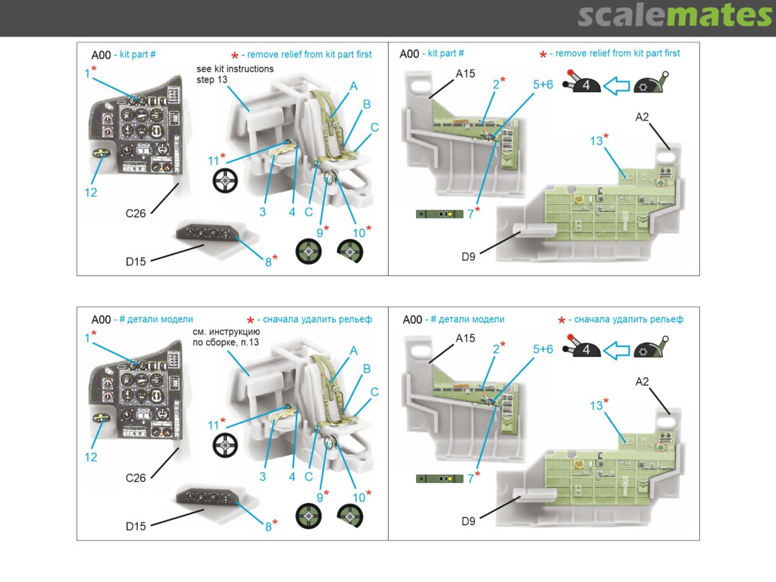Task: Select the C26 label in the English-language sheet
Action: [136, 213]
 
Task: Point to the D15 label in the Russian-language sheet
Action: [136, 526]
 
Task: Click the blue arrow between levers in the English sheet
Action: [616, 86]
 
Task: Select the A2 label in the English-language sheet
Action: [642, 117]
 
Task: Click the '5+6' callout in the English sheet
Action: [542, 83]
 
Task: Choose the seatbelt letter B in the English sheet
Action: [366, 104]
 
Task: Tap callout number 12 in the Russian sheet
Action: [91, 457]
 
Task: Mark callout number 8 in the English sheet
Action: [268, 262]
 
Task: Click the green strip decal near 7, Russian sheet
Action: [439, 478]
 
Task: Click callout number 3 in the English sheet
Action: [263, 212]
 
